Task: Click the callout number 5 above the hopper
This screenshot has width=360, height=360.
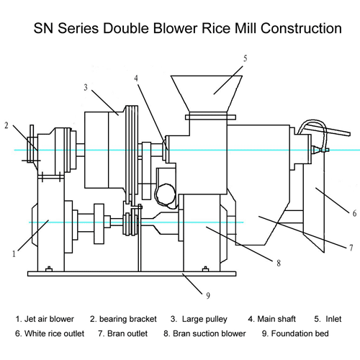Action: point(245,58)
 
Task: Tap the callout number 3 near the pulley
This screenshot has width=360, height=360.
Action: point(86,87)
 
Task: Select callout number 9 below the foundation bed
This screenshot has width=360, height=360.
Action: point(208,296)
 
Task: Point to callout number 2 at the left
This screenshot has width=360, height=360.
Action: point(6,125)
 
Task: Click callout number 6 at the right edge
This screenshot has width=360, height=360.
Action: point(354,213)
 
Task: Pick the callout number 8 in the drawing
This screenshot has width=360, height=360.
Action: point(279,263)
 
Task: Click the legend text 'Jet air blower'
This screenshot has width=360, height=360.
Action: point(49,319)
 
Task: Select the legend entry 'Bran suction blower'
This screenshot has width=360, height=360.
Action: point(210,333)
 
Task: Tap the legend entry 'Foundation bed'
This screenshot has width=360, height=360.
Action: point(300,333)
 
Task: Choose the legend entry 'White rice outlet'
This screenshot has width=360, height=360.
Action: point(54,333)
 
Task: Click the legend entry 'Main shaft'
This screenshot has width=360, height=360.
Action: point(276,319)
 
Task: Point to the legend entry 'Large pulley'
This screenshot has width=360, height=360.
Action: point(204,319)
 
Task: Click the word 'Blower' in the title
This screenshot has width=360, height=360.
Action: point(175,28)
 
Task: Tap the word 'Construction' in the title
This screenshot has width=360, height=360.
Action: point(301,28)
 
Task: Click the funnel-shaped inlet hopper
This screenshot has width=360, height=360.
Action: point(207,94)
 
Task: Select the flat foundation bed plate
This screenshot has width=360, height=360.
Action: point(132,274)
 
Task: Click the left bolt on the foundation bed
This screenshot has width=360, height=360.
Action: point(49,269)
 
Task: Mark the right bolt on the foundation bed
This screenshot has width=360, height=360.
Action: point(205,269)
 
